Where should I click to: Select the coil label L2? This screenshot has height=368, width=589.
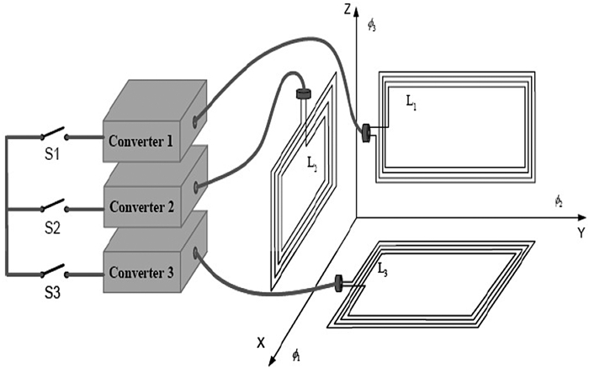click(312, 168)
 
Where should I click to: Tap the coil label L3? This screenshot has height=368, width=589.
click(383, 269)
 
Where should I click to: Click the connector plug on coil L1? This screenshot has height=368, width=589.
click(367, 132)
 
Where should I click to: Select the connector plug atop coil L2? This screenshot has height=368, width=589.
click(302, 94)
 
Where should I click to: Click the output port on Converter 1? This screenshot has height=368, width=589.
click(195, 121)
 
